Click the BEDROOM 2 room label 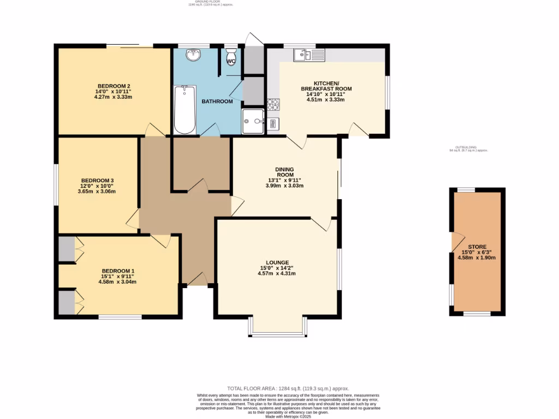[x=114, y=86]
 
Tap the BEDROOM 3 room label [x=97, y=181]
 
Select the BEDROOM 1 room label [x=117, y=271]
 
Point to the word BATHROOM [x=217, y=101]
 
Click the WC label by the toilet [x=231, y=61]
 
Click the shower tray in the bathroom [x=253, y=121]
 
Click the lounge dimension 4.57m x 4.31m [x=277, y=273]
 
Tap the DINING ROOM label [x=284, y=172]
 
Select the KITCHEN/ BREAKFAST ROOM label [x=326, y=86]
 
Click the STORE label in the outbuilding [x=477, y=247]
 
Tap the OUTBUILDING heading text [x=467, y=147]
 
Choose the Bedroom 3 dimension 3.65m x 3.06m [x=97, y=191]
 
